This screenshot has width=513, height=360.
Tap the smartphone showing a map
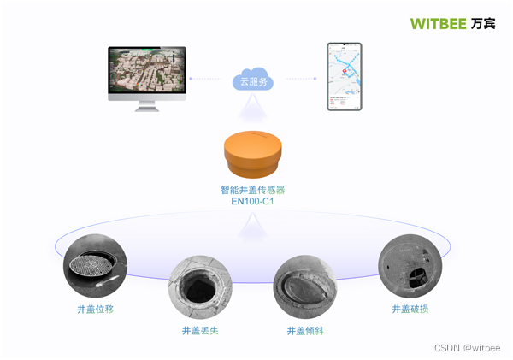pyautogui.click(x=345, y=77)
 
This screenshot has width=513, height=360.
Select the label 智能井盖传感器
pyautogui.click(x=252, y=190)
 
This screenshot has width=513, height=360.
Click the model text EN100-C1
pyautogui.click(x=252, y=202)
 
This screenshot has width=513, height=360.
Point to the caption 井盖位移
pyautogui.click(x=95, y=309)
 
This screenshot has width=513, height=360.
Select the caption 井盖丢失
pyautogui.click(x=200, y=330)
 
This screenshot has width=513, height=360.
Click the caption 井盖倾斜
pyautogui.click(x=305, y=330)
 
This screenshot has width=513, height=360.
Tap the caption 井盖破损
pyautogui.click(x=410, y=309)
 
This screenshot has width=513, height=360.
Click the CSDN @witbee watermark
pyautogui.click(x=467, y=348)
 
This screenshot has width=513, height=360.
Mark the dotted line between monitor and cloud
pyautogui.click(x=209, y=79)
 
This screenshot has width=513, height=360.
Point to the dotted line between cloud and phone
pyautogui.click(x=299, y=79)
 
